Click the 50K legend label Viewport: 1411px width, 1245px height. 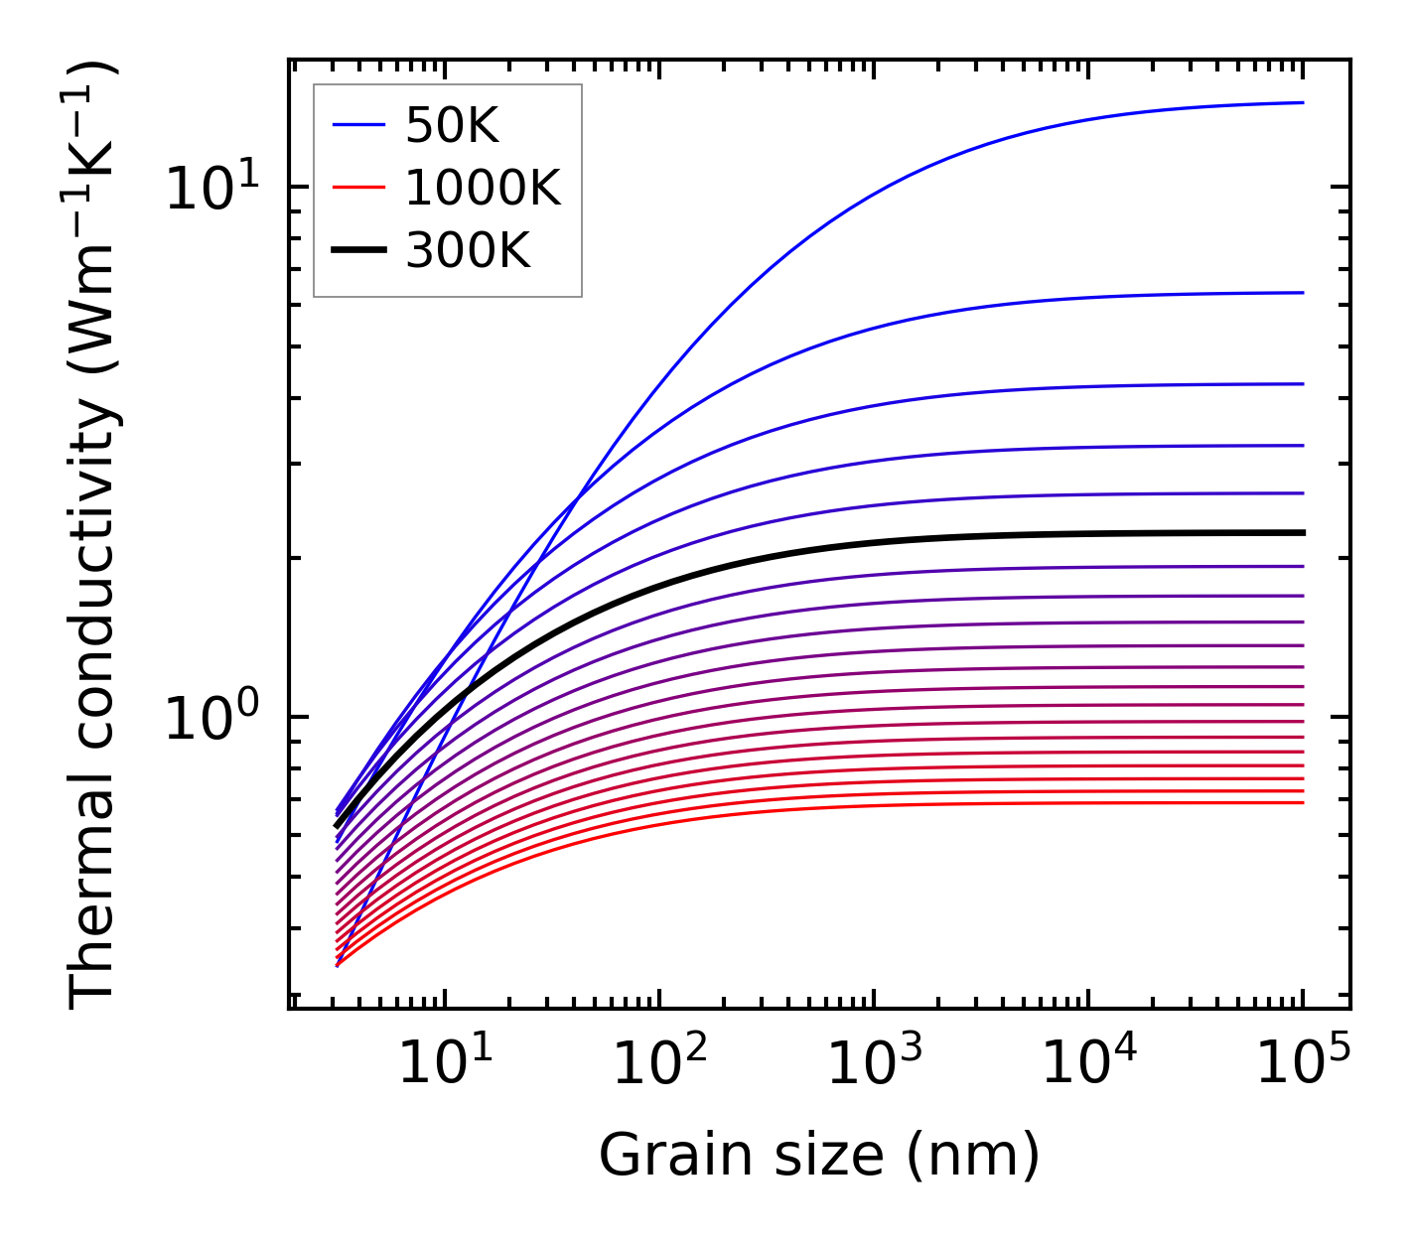coord(452,125)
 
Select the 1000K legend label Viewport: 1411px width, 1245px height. coord(483,188)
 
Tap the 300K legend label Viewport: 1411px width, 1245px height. coord(468,251)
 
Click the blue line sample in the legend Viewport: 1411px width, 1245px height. coord(357,125)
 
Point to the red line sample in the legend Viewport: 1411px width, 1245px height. coord(357,188)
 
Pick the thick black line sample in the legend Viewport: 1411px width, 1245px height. coord(357,251)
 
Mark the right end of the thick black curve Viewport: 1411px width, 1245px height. coord(1302,533)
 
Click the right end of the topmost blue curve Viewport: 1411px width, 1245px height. coord(1302,102)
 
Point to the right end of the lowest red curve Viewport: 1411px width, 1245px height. coord(1302,802)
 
